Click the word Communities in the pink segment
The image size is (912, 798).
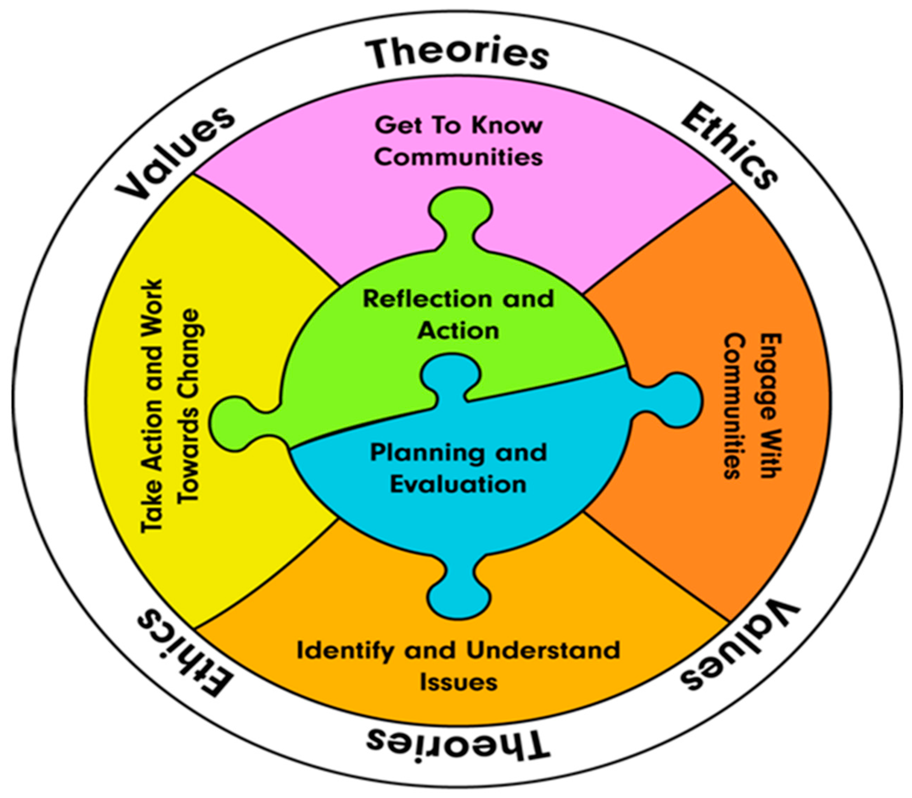458,157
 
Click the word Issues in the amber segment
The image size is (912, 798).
458,682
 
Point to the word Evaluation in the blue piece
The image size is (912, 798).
458,484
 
